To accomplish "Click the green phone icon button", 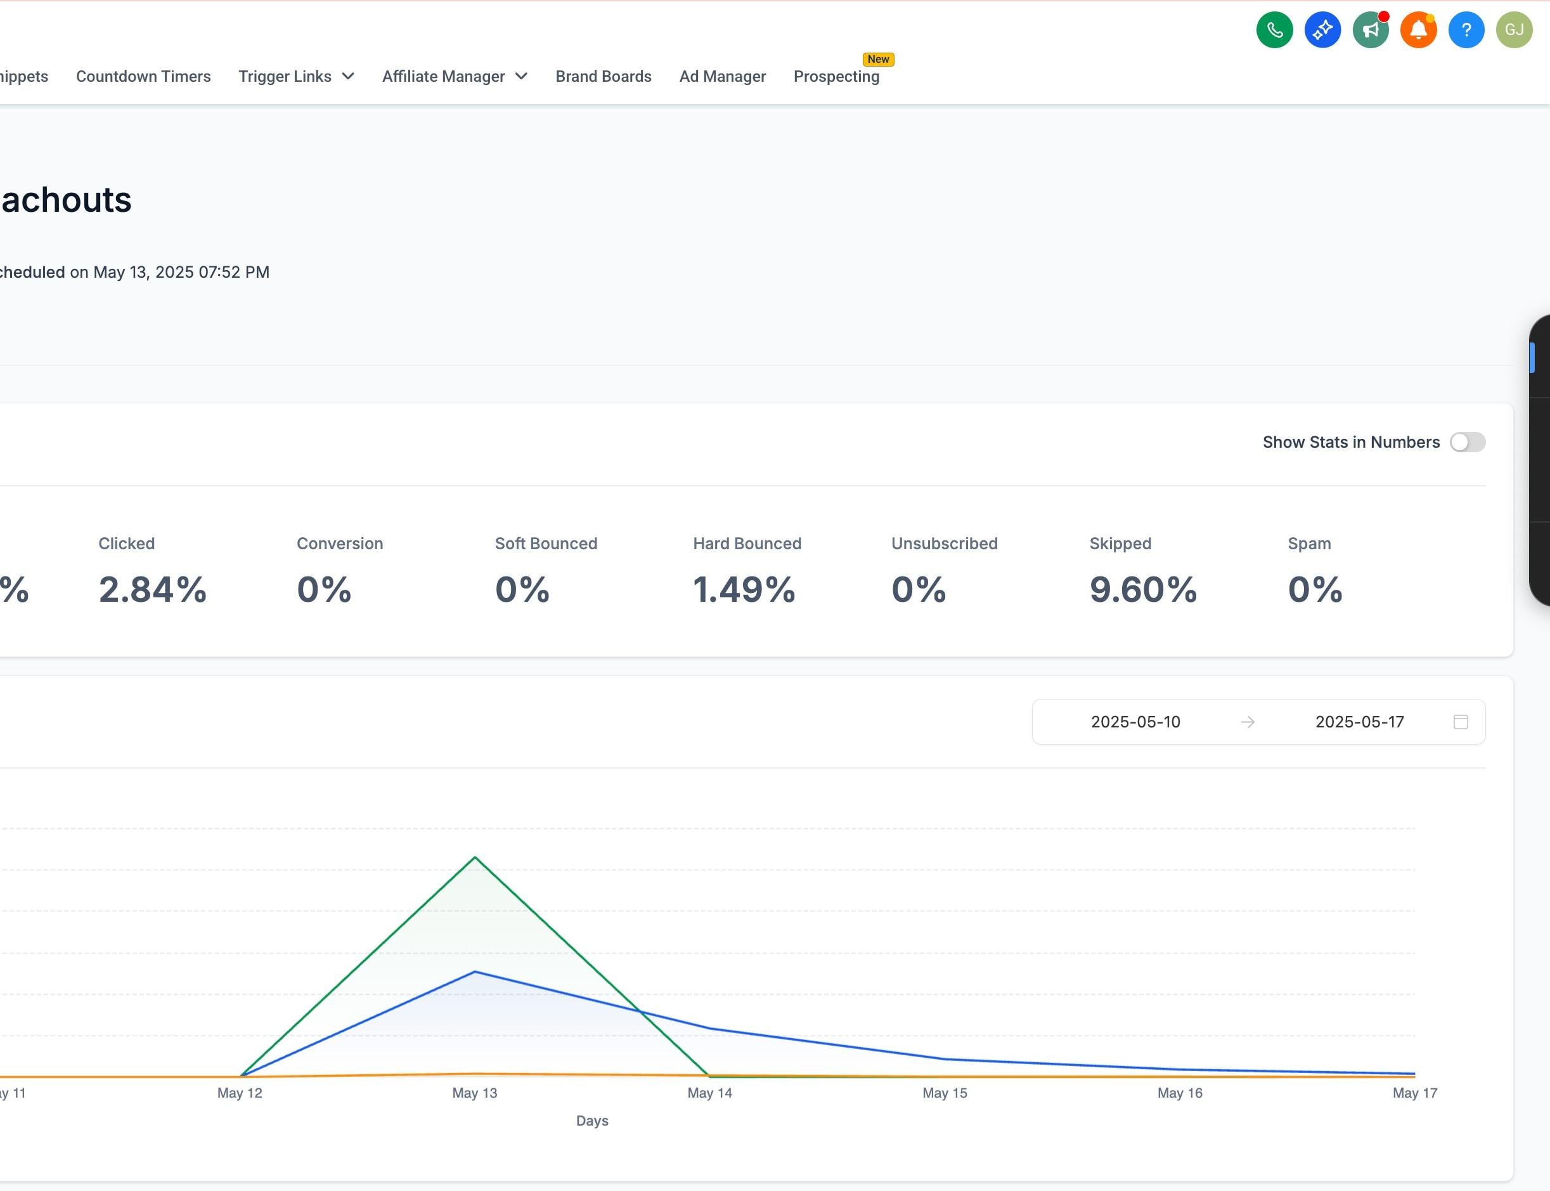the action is (x=1274, y=30).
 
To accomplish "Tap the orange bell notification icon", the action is (x=1418, y=30).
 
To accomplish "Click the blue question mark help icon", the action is (x=1466, y=30).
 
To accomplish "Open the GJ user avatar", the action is (x=1514, y=30).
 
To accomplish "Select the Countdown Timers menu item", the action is (x=143, y=77).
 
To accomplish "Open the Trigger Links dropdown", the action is (x=296, y=77).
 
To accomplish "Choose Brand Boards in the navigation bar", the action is (x=603, y=77).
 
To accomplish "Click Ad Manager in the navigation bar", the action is (x=722, y=77).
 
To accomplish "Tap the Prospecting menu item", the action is (x=836, y=77).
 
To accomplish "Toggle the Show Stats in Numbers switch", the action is (x=1467, y=443).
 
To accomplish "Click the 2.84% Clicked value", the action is (x=152, y=590).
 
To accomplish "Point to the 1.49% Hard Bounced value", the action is (x=744, y=590).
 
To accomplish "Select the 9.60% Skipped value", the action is (x=1143, y=590).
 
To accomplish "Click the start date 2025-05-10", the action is (x=1135, y=722).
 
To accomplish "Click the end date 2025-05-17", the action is (x=1359, y=722).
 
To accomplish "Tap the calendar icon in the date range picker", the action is (x=1461, y=722).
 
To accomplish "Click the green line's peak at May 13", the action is (x=475, y=858).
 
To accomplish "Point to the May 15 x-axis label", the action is (x=945, y=1093).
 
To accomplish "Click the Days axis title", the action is (x=592, y=1121).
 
